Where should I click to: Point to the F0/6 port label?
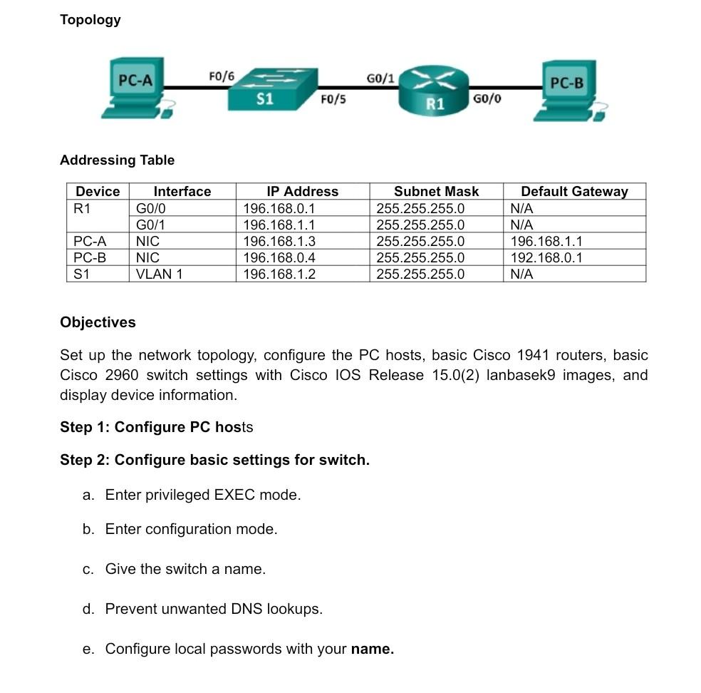(x=221, y=76)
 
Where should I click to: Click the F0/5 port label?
(x=333, y=99)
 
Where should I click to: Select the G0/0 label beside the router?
(x=487, y=98)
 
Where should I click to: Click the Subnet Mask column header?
(x=436, y=191)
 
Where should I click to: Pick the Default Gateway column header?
(x=574, y=191)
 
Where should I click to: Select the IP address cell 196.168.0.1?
(x=279, y=208)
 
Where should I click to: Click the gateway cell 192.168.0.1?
(x=546, y=257)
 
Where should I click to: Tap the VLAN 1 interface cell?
(x=159, y=274)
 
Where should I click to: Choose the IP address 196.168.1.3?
(x=279, y=241)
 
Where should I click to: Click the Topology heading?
(x=90, y=20)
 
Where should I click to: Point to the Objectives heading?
(x=98, y=322)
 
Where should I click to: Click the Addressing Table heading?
(x=117, y=160)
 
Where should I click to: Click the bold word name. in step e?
(x=372, y=649)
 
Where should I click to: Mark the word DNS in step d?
(x=247, y=609)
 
